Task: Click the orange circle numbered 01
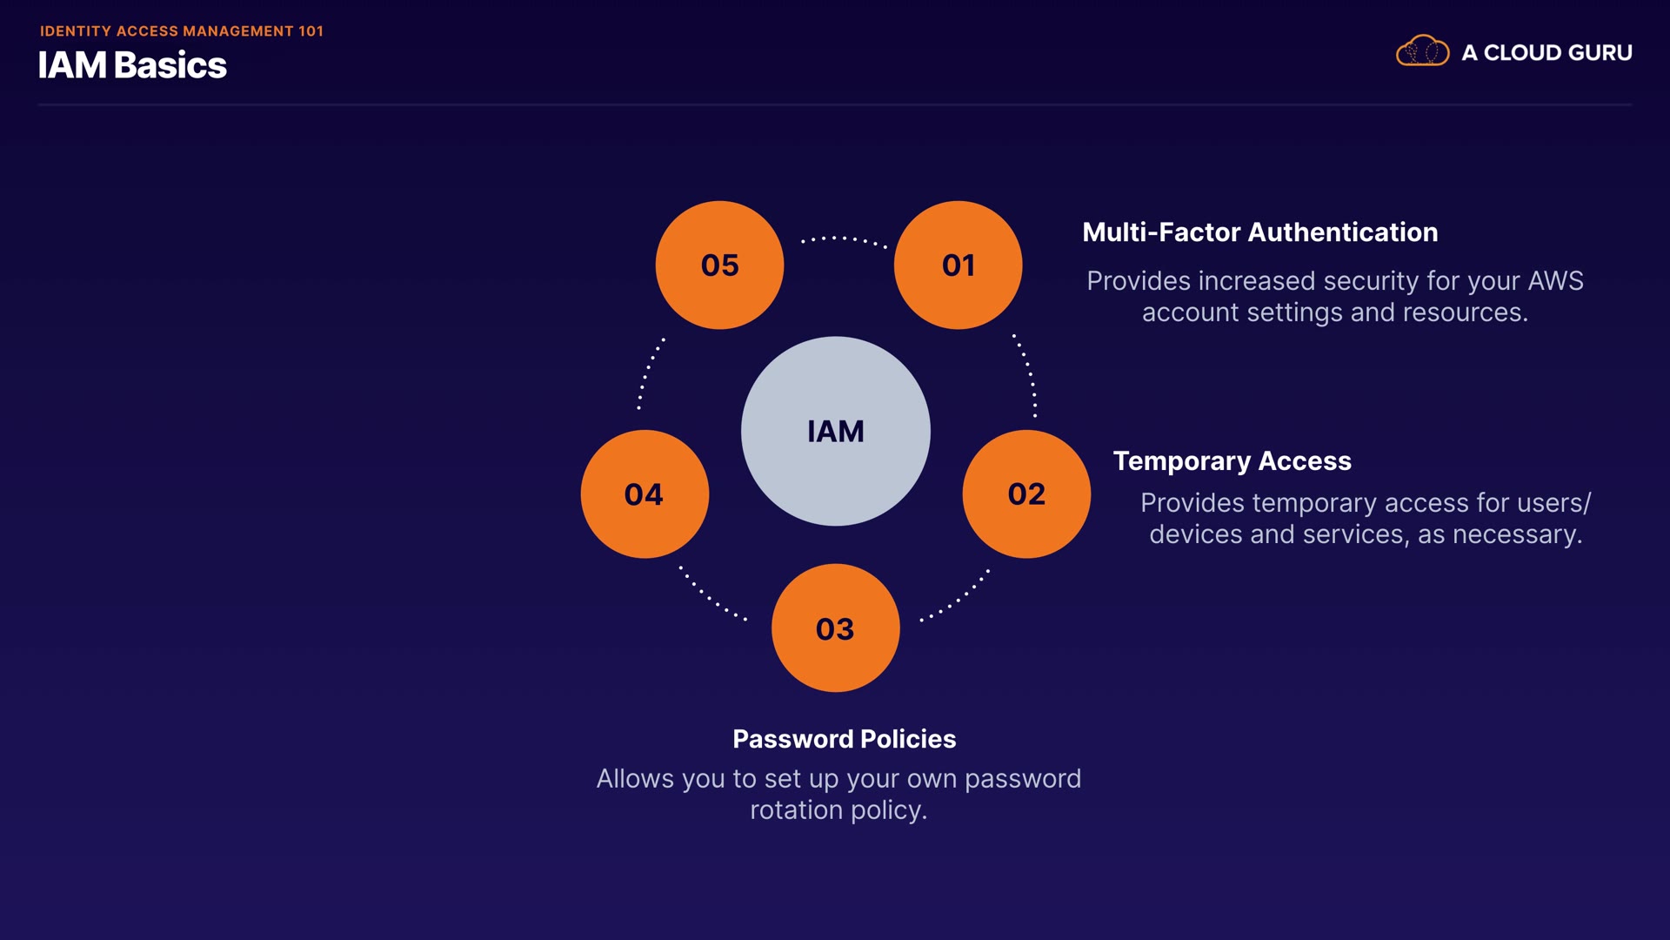pos(958,265)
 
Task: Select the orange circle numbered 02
pos(1026,493)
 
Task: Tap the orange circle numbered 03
pos(835,628)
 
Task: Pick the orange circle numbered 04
pos(645,493)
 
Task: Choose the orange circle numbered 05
pos(719,265)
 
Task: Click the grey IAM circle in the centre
pos(835,431)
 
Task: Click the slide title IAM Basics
pos(132,65)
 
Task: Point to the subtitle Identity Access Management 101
pos(182,30)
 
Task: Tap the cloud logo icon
pos(1422,51)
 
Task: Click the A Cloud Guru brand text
pos(1546,52)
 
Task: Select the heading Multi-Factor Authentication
pos(1259,232)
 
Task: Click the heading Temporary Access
pos(1232,460)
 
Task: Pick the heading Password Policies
pos(844,739)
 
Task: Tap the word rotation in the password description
pos(796,810)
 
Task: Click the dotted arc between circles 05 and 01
pos(843,238)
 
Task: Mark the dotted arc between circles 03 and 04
pos(711,596)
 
